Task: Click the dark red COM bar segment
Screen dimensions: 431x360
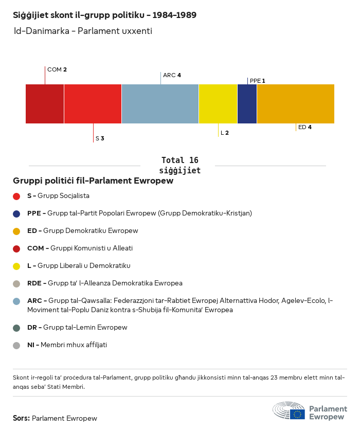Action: click(45, 104)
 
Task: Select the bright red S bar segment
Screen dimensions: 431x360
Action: click(93, 104)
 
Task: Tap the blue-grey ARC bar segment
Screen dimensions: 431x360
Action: click(160, 104)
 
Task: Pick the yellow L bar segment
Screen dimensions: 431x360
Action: click(218, 104)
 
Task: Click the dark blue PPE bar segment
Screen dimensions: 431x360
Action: click(247, 104)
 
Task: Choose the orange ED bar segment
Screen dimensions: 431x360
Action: click(295, 104)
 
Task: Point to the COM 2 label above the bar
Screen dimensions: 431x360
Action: click(57, 69)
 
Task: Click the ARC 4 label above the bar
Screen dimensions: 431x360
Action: click(172, 75)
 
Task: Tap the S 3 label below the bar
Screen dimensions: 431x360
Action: click(100, 138)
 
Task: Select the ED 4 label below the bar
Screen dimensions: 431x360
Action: click(304, 127)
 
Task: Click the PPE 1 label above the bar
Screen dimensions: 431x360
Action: click(257, 81)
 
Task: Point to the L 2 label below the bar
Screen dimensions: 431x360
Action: click(225, 133)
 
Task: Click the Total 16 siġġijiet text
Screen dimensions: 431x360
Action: click(179, 165)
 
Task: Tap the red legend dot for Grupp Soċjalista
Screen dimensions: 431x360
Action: click(16, 196)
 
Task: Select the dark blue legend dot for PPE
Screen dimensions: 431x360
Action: click(16, 213)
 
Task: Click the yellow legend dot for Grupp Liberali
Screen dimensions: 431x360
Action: click(16, 266)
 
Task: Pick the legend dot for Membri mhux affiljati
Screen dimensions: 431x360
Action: click(16, 345)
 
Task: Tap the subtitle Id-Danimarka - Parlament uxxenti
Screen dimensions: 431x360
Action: click(83, 31)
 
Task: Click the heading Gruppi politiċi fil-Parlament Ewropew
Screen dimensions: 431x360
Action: click(93, 181)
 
